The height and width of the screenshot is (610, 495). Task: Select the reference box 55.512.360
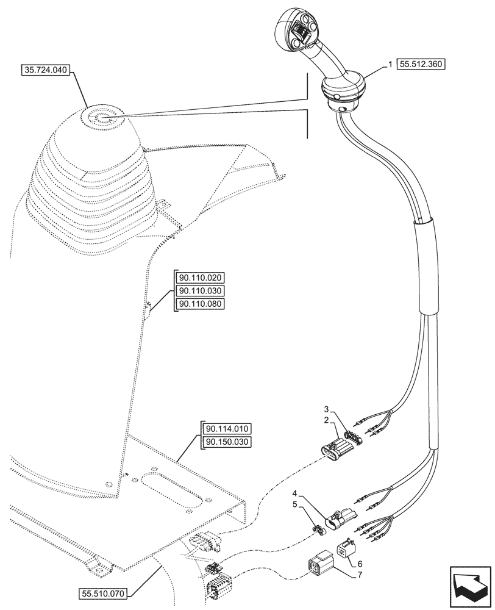[x=421, y=63]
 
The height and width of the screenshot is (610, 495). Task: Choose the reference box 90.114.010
[x=227, y=428]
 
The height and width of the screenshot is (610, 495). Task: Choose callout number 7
[x=359, y=575]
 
